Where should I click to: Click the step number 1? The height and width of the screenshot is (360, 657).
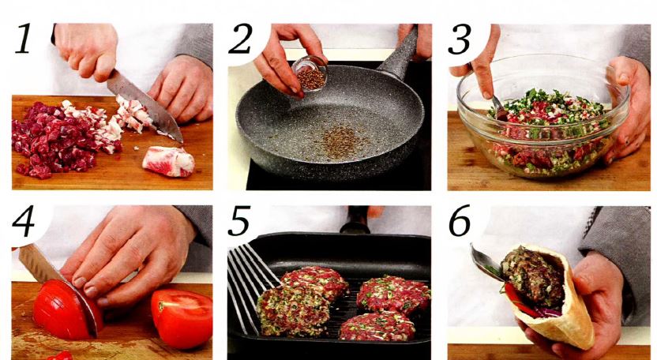24,39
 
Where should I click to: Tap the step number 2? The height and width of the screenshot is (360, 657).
240,39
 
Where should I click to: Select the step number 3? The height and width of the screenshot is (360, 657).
460,39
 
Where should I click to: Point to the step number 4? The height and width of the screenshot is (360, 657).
23,222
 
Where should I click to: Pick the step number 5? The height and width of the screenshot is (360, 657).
239,221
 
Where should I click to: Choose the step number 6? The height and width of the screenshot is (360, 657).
460,221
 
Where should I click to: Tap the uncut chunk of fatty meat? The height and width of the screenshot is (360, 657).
168,161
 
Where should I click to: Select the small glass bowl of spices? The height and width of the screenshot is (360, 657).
310,73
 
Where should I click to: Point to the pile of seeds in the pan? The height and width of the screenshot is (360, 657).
340,142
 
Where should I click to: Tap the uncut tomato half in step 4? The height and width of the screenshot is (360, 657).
182,317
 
